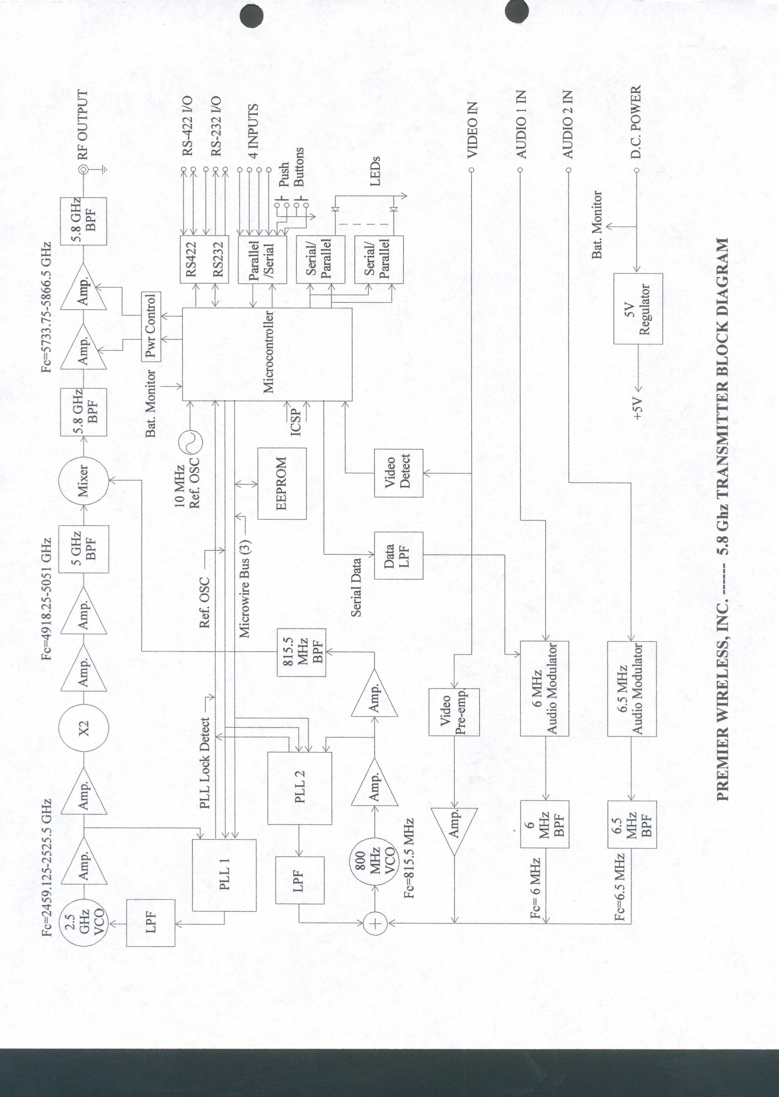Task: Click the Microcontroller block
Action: pyautogui.click(x=267, y=354)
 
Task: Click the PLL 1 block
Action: pyautogui.click(x=224, y=875)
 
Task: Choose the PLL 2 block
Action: pyautogui.click(x=299, y=788)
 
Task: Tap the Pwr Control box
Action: pyautogui.click(x=151, y=327)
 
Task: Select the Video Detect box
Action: pyautogui.click(x=398, y=473)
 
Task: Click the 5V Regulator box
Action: pyautogui.click(x=638, y=308)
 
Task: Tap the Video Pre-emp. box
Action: pyautogui.click(x=453, y=712)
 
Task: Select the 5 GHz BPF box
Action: pyautogui.click(x=83, y=549)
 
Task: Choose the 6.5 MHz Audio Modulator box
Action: pyautogui.click(x=631, y=688)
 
